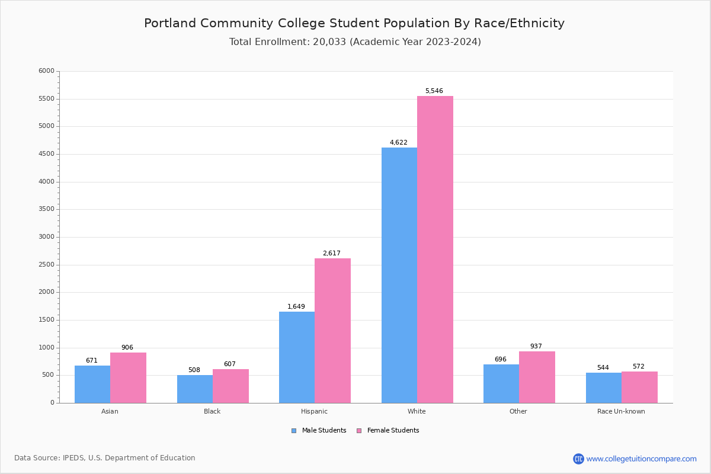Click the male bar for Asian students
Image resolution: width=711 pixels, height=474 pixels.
92,384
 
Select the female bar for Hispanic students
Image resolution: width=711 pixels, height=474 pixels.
332,331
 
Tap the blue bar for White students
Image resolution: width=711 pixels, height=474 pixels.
399,275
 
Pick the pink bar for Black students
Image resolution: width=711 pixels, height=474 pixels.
230,386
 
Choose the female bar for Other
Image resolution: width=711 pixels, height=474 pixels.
537,377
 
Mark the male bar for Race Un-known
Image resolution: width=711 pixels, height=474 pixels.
604,387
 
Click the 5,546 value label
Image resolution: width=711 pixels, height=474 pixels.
434,91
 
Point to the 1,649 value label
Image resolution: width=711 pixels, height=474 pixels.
296,307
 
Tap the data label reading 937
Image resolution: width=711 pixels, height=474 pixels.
536,347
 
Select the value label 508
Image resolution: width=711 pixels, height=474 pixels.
194,370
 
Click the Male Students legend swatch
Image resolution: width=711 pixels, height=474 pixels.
294,431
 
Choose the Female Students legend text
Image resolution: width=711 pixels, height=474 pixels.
393,431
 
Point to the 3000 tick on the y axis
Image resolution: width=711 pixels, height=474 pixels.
47,237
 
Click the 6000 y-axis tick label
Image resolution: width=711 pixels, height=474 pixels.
47,71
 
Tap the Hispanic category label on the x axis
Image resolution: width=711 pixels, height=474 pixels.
314,411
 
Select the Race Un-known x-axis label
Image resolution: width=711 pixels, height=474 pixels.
621,411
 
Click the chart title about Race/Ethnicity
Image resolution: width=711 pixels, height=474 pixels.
354,24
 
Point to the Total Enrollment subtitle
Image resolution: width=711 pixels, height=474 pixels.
355,42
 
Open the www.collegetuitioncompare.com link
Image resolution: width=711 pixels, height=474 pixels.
641,459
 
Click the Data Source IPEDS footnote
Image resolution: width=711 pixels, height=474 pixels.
105,458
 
